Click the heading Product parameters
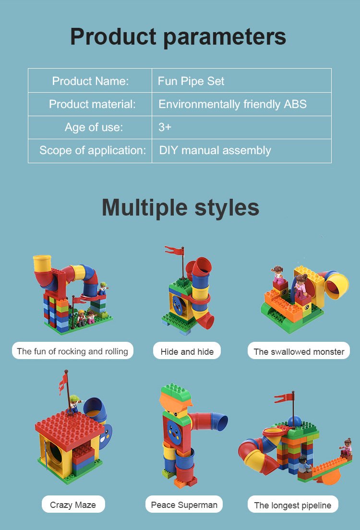pyautogui.click(x=178, y=36)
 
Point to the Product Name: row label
pyautogui.click(x=90, y=81)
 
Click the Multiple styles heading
pyautogui.click(x=180, y=207)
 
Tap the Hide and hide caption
pyautogui.click(x=187, y=351)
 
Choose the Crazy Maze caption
pyautogui.click(x=73, y=505)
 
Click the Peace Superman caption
pyautogui.click(x=184, y=505)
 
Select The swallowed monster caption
pyautogui.click(x=299, y=351)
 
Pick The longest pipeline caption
pyautogui.click(x=293, y=505)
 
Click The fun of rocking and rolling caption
pyautogui.click(x=72, y=351)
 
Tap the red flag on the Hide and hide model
pyautogui.click(x=174, y=251)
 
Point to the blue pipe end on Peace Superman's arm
pyautogui.click(x=219, y=422)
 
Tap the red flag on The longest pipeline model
pyautogui.click(x=284, y=398)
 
